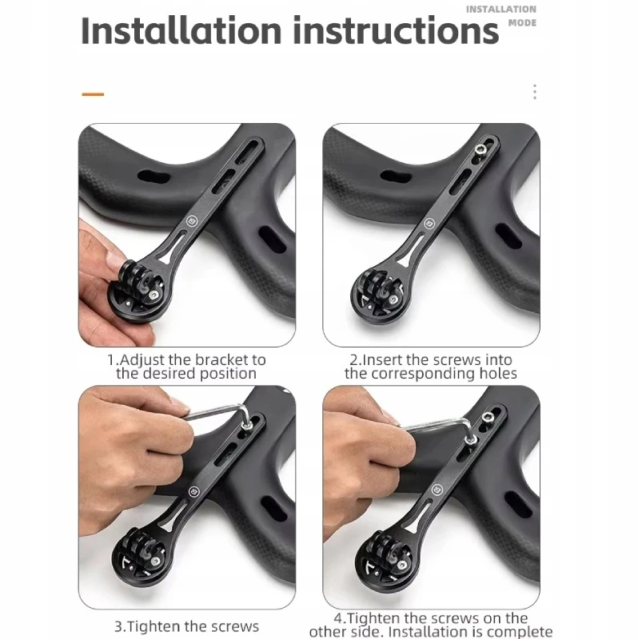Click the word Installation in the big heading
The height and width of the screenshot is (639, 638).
click(181, 30)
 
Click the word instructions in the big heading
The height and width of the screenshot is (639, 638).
click(396, 30)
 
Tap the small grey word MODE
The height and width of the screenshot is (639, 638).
click(522, 23)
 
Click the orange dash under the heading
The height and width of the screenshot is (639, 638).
click(93, 94)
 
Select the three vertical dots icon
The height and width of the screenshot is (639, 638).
click(535, 92)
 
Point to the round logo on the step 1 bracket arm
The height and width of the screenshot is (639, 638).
click(192, 221)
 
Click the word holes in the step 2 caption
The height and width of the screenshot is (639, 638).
click(498, 373)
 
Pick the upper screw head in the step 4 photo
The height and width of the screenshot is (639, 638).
click(488, 417)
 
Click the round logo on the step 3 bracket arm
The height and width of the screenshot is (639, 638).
click(194, 491)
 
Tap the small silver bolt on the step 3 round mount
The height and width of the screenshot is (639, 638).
click(155, 562)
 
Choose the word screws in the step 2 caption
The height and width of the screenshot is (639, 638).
click(457, 360)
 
